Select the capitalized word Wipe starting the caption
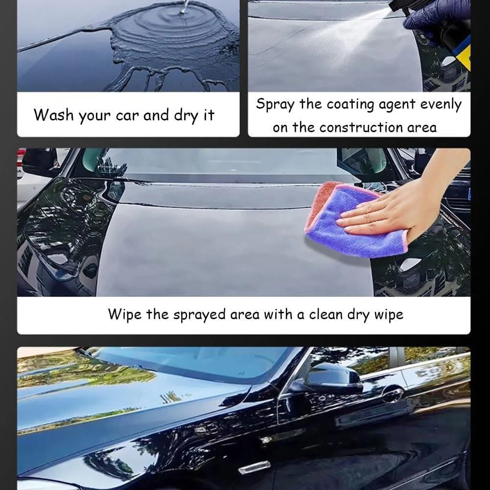pos(124,314)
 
